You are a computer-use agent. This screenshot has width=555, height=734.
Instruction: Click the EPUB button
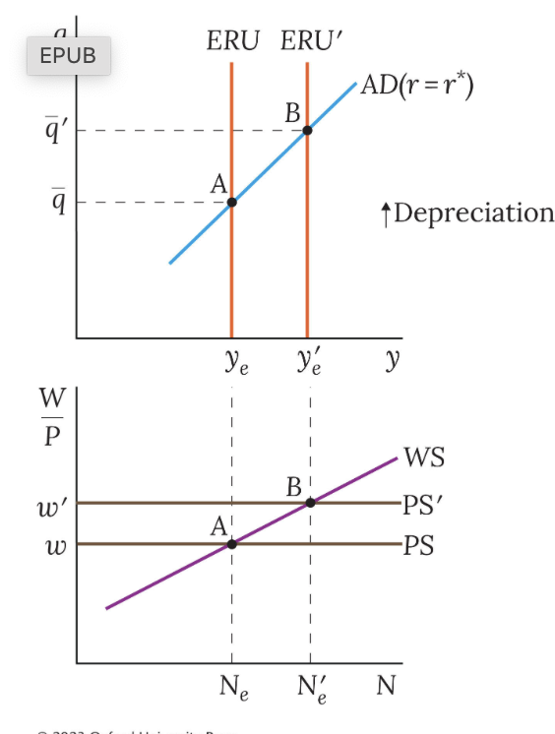68,56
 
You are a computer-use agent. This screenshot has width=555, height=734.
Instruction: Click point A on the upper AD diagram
231,203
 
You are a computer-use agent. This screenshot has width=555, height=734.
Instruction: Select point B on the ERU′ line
307,130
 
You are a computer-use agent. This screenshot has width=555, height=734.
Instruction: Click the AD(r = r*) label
417,85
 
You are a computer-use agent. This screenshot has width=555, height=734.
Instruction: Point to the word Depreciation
474,213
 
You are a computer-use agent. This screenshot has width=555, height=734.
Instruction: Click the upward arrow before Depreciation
387,213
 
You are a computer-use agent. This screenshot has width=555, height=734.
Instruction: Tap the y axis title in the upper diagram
393,361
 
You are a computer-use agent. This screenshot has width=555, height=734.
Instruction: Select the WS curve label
423,459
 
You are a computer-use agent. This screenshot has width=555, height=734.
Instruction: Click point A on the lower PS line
231,544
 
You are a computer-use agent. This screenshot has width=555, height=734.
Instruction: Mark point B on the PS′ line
310,503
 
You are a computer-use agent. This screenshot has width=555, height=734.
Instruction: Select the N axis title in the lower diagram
387,685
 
